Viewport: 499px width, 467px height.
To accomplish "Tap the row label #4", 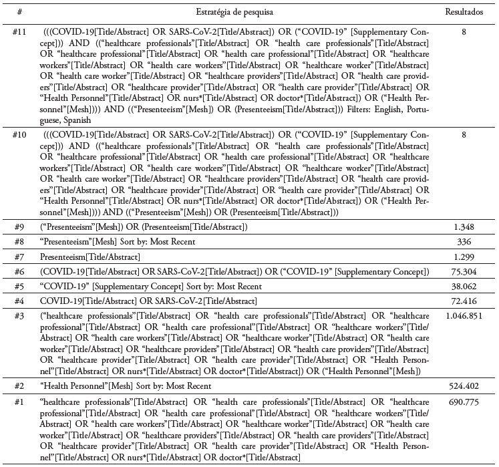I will coord(20,301).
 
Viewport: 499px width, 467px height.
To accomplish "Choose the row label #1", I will coord(20,402).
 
